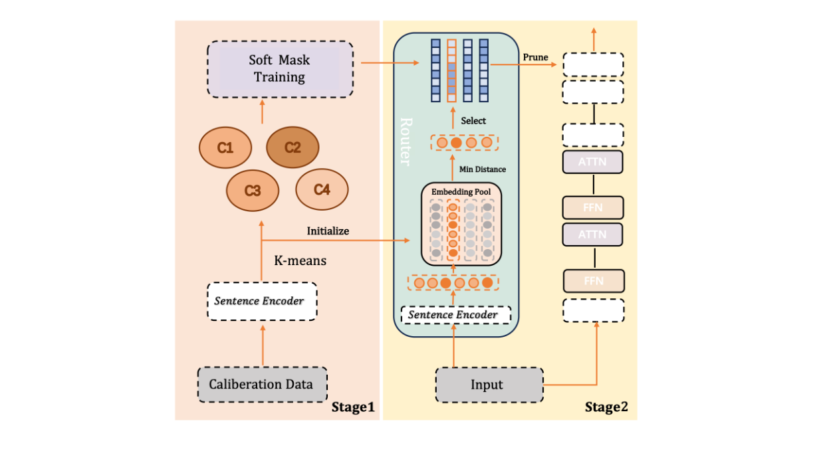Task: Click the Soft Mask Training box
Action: click(x=280, y=69)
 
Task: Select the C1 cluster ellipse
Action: click(x=225, y=147)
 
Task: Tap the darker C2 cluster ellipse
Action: click(x=293, y=147)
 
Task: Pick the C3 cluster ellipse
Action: click(x=253, y=190)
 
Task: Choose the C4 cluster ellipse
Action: click(x=322, y=189)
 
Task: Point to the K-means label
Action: click(x=300, y=260)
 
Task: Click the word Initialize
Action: click(x=328, y=231)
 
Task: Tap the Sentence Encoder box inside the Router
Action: click(x=453, y=314)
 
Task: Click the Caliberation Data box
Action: click(x=262, y=384)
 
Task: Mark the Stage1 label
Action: click(x=353, y=407)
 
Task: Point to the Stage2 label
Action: click(x=606, y=407)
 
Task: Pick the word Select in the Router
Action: click(x=473, y=121)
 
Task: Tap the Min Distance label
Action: click(x=483, y=169)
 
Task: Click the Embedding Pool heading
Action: click(x=461, y=192)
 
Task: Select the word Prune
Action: click(x=535, y=57)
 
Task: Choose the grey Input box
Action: click(x=489, y=384)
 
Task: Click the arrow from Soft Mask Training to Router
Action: click(x=389, y=63)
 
